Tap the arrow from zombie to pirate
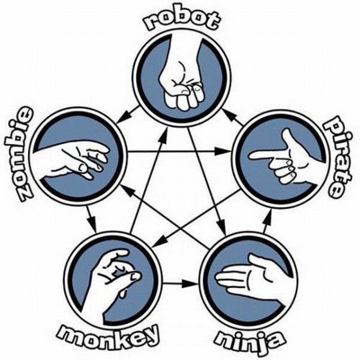tap(180, 151)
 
